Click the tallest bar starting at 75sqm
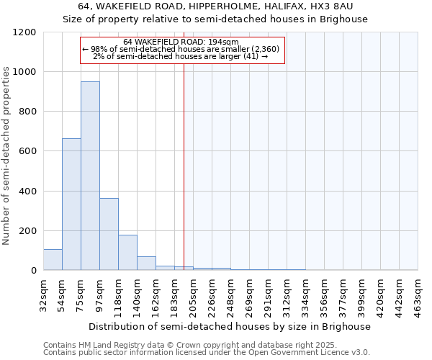click(x=90, y=176)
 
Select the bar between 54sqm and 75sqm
click(x=71, y=204)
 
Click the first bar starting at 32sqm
click(x=53, y=259)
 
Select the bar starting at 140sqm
click(x=146, y=264)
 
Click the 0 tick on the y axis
click(x=33, y=271)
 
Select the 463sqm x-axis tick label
click(x=418, y=295)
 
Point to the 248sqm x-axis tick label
click(x=231, y=295)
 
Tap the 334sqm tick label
click(x=306, y=295)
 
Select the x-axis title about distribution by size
click(x=230, y=326)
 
